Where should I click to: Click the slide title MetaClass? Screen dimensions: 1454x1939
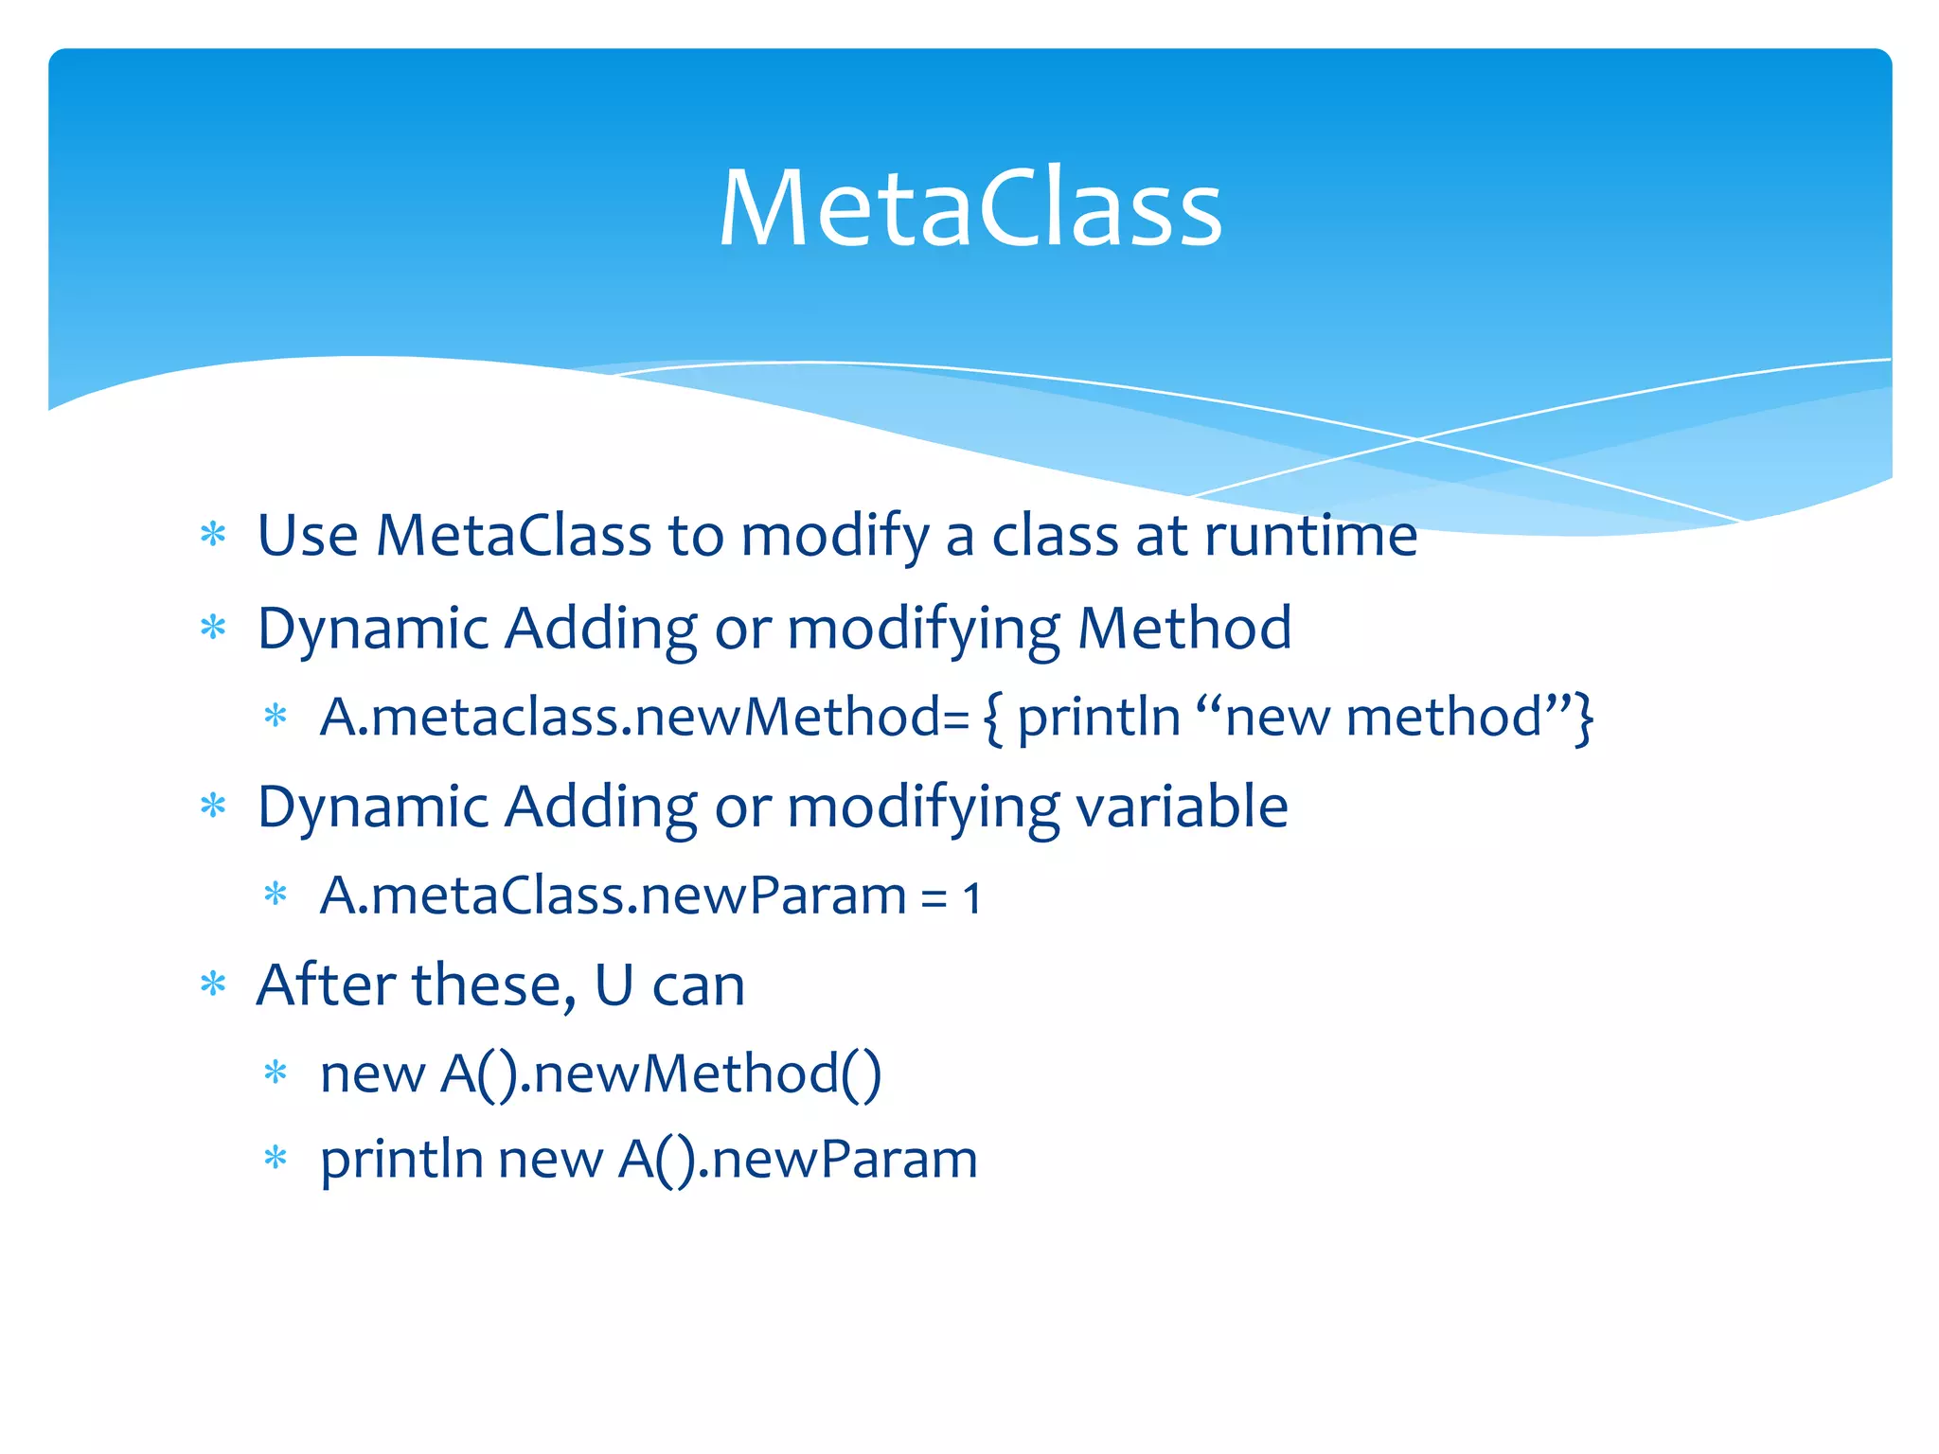(969, 208)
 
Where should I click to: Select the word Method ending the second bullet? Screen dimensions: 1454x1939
(1184, 629)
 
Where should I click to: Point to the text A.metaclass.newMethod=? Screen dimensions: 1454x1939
(644, 718)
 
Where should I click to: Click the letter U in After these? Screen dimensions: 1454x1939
(614, 986)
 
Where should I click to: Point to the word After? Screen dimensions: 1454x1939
(327, 986)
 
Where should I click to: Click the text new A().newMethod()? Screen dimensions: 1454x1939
(600, 1075)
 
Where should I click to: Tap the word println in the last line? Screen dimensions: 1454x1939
(402, 1161)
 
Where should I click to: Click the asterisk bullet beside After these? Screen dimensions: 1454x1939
(214, 985)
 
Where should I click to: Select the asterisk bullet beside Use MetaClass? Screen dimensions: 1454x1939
(214, 535)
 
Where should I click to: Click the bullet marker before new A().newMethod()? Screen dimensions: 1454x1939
(276, 1073)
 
